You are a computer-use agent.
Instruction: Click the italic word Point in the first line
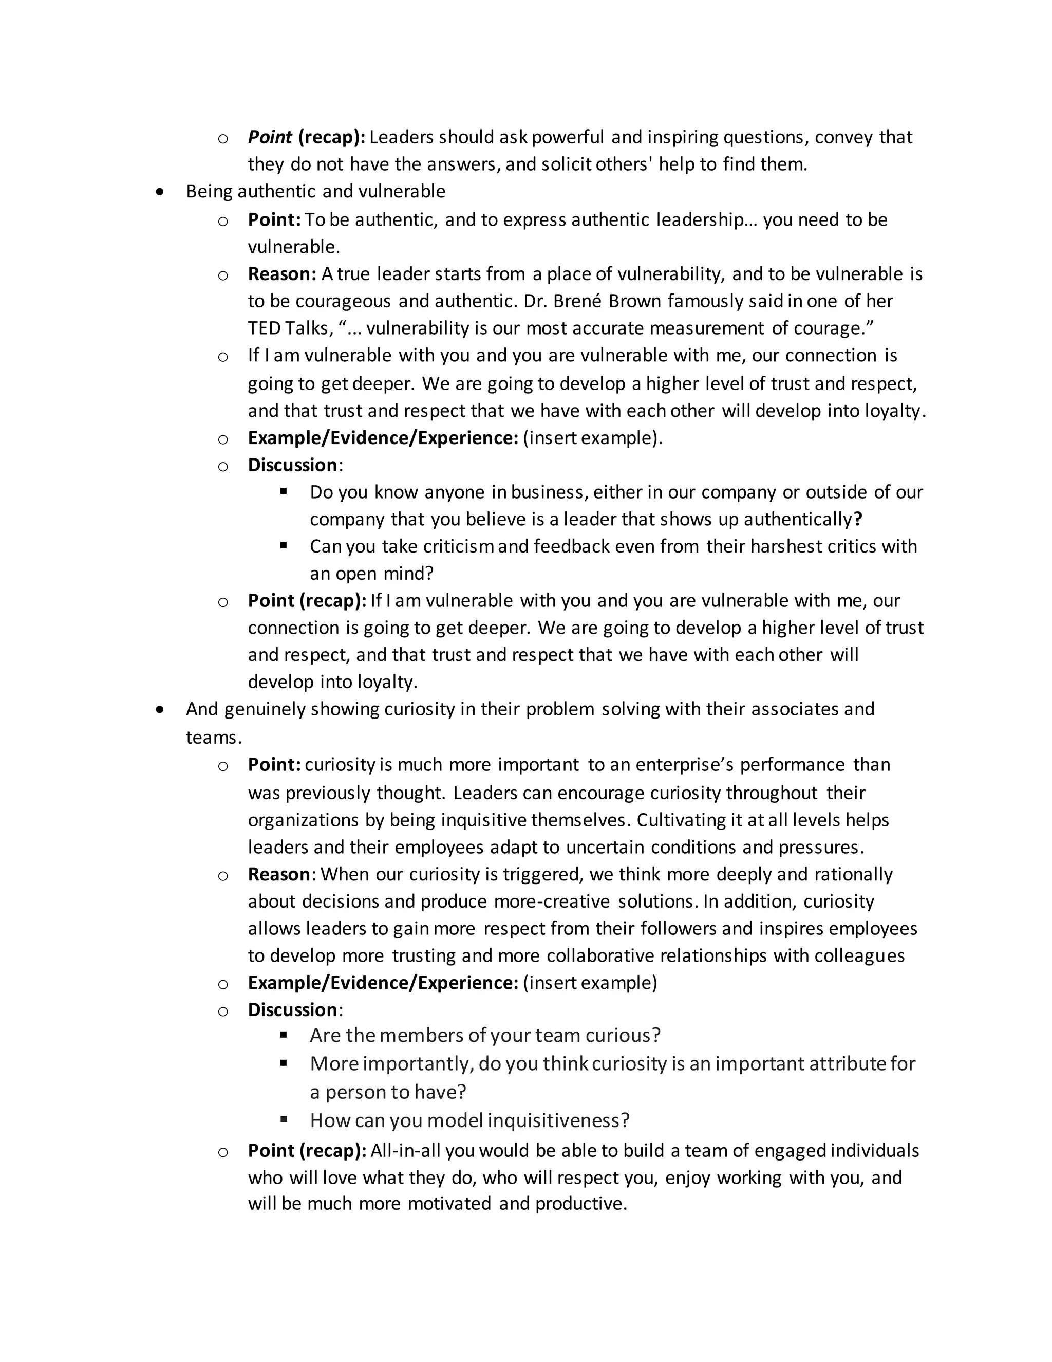[270, 137]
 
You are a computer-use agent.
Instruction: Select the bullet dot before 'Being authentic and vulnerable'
[161, 192]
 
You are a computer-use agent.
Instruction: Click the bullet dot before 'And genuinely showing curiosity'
[161, 710]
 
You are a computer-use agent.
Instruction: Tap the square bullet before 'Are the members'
[284, 1035]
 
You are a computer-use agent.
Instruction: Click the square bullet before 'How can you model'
[284, 1120]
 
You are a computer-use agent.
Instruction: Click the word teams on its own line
[212, 738]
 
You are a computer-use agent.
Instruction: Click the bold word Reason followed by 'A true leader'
[281, 274]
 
